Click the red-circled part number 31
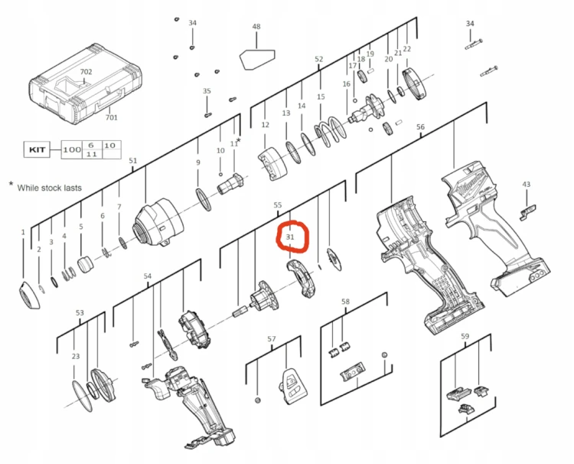point(290,237)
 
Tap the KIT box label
point(37,149)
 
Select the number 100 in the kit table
point(72,149)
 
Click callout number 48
point(256,26)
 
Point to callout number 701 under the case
point(111,117)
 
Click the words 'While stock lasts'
point(50,188)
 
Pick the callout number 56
point(420,126)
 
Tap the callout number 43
point(526,185)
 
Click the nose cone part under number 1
point(29,296)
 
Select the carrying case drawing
point(85,84)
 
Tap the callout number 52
point(319,59)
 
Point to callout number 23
point(76,356)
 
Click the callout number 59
point(465,336)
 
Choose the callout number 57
point(271,338)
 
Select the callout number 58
point(345,302)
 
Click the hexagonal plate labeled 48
point(257,59)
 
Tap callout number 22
point(406,49)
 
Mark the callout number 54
point(147,276)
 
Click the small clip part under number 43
point(527,212)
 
